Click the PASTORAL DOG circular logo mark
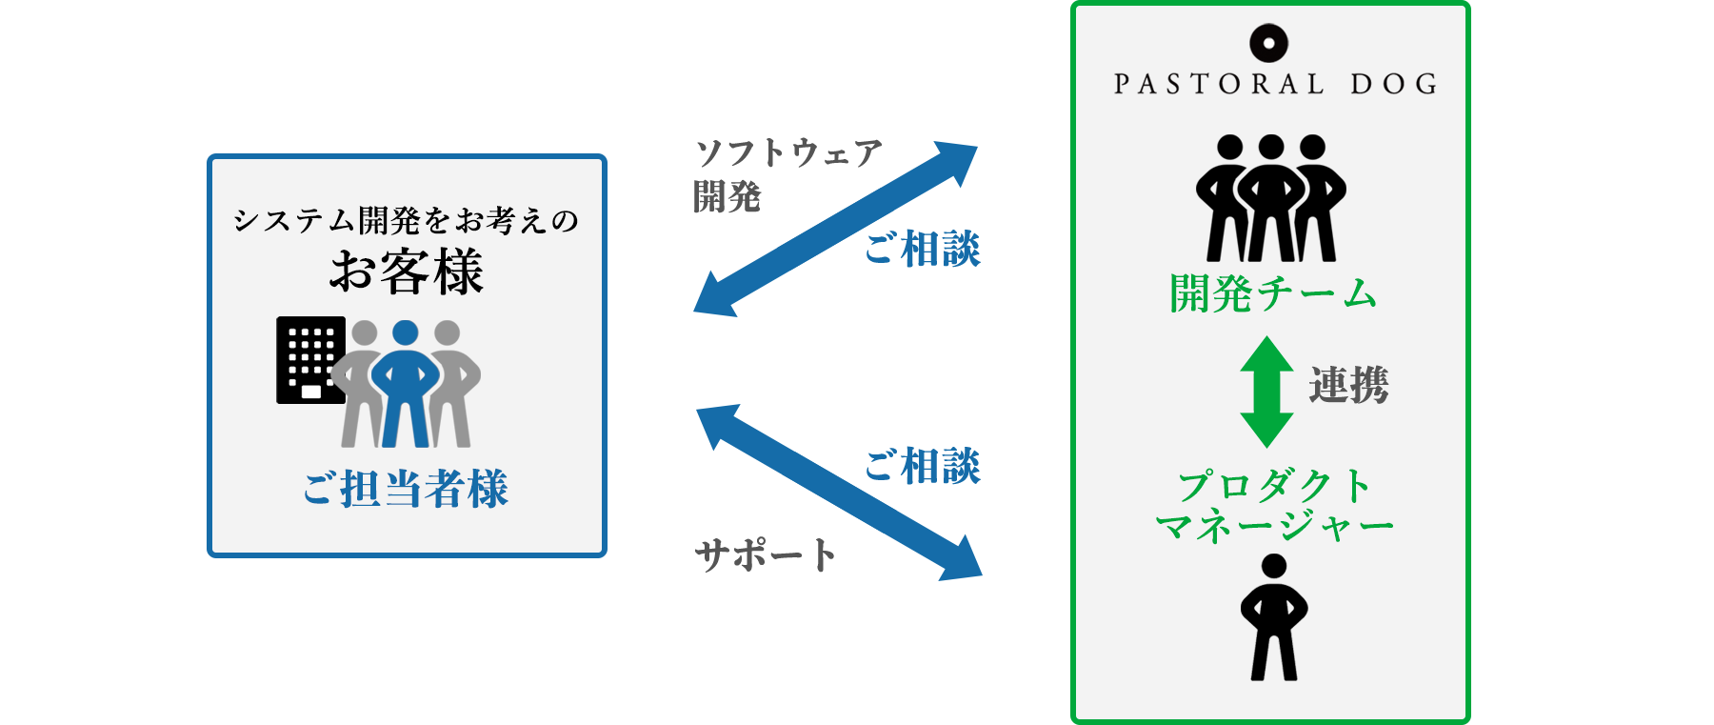point(1268,43)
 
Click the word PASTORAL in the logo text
point(1219,85)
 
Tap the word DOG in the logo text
point(1394,85)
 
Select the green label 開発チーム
point(1273,293)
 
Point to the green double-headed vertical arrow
point(1266,392)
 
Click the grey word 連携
point(1348,386)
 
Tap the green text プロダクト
point(1274,486)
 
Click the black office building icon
point(309,359)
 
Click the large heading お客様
point(407,272)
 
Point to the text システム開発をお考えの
point(407,221)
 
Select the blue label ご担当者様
point(407,489)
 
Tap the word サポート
point(765,555)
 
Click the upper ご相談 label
point(922,250)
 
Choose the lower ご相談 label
point(922,466)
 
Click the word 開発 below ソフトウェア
point(728,197)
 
